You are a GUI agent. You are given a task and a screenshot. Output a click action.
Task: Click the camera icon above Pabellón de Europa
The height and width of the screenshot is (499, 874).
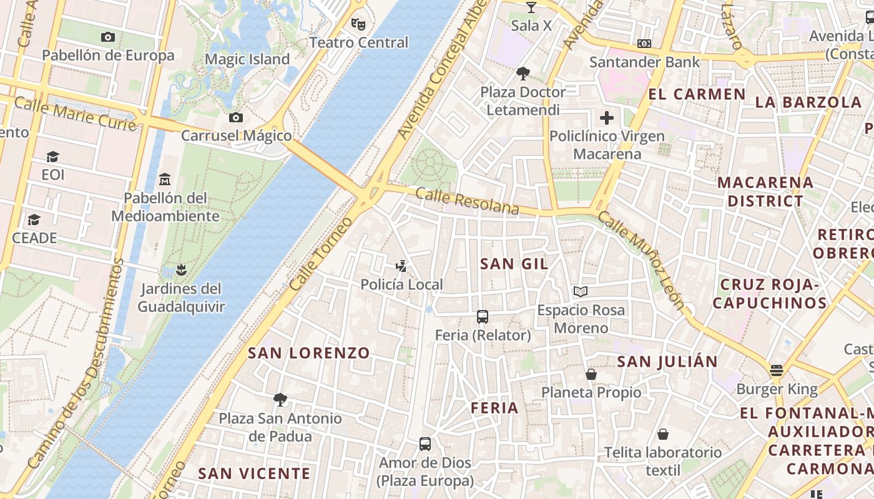(x=108, y=37)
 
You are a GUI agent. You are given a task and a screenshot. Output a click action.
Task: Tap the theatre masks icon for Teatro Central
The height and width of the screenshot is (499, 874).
(x=358, y=24)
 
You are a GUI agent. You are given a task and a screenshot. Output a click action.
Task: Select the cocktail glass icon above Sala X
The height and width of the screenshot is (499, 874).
(x=531, y=7)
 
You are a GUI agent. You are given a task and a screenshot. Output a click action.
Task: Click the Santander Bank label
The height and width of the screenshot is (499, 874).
(x=644, y=62)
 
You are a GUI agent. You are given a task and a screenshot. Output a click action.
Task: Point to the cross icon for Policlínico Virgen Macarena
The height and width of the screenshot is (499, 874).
(x=607, y=118)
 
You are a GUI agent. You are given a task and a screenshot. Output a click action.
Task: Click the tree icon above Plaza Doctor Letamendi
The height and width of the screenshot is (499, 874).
(x=523, y=74)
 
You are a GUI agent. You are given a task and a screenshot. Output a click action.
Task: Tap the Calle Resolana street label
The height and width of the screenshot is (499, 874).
(x=466, y=201)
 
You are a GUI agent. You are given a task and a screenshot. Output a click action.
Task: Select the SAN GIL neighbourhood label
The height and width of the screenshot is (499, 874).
(x=514, y=264)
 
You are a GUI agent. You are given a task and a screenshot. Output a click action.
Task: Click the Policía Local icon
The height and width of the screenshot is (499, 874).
(x=401, y=266)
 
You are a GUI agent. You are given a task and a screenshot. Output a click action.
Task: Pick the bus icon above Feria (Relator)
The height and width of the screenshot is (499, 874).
(x=483, y=317)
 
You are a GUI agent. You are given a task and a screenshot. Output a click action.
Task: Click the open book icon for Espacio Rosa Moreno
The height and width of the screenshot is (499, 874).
(x=581, y=291)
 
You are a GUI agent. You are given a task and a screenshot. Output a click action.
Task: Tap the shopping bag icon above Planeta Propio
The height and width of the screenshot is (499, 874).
(x=591, y=374)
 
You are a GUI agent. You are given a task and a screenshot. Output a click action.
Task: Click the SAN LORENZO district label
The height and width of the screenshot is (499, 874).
(x=309, y=353)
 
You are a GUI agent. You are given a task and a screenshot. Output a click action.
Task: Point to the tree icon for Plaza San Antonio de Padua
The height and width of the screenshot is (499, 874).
(x=280, y=399)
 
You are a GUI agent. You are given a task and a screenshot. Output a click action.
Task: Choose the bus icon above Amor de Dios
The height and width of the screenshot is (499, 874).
(x=425, y=444)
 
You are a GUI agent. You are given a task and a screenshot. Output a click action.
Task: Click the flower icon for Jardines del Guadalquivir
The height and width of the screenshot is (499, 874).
(x=181, y=270)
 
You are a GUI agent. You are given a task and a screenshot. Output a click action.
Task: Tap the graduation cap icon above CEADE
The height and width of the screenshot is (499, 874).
(x=34, y=220)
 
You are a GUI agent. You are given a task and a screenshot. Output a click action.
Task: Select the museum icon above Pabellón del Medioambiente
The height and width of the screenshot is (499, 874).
(x=165, y=180)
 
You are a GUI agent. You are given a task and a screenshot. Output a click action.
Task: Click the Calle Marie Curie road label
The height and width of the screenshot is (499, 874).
(x=75, y=114)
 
